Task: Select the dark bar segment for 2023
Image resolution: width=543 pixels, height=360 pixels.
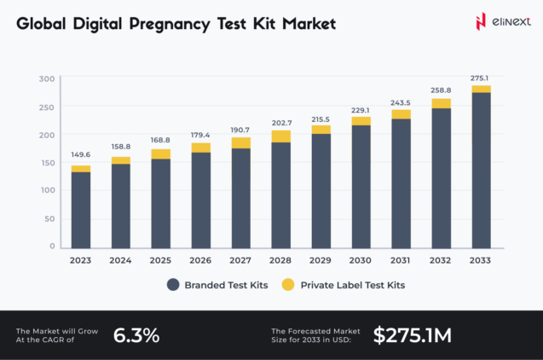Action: coord(81,210)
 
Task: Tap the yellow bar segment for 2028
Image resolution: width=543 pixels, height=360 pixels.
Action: coord(281,136)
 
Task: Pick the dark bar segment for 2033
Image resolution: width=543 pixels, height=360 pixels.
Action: coord(482,170)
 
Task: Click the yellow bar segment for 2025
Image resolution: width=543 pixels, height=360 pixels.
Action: coord(161,154)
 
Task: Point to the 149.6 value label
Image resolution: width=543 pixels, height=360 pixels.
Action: coord(81,155)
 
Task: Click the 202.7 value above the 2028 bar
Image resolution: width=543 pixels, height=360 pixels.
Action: coord(281,122)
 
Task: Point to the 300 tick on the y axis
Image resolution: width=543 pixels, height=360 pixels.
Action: coord(47,78)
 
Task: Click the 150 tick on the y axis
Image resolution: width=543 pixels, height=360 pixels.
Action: coord(47,163)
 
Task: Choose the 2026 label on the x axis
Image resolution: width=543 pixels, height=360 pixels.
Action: coord(201,260)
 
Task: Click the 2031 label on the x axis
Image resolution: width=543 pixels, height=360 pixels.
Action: coord(401,260)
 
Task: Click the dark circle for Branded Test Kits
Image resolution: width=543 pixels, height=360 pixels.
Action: coord(174,285)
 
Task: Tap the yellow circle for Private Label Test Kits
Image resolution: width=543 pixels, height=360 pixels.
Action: coord(289,285)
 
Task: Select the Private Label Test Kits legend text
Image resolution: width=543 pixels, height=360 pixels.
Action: coord(352,285)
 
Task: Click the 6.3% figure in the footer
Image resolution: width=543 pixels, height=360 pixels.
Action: coord(136,335)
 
